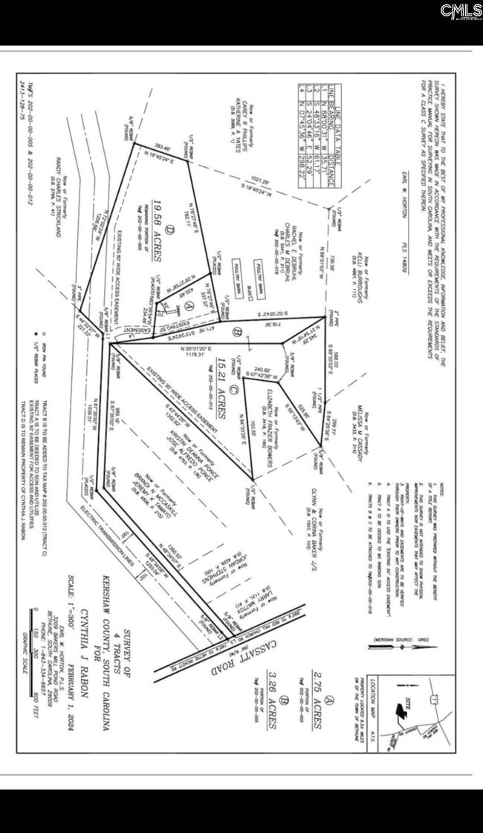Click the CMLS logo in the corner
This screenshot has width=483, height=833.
tap(459, 10)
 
